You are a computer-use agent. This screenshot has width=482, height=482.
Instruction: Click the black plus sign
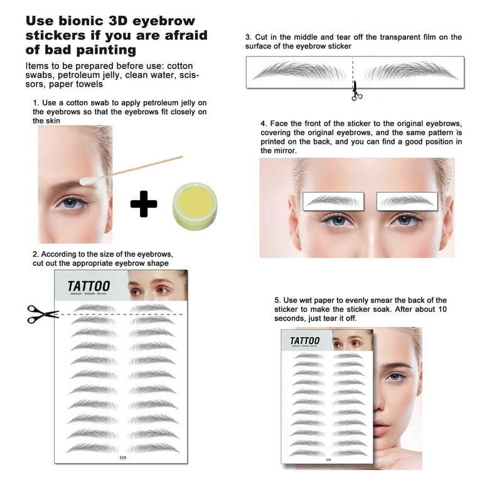click(144, 204)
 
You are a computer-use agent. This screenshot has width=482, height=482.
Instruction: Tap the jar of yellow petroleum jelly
click(195, 206)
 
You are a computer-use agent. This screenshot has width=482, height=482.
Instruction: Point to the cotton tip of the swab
click(86, 180)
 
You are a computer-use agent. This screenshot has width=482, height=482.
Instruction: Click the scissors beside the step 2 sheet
click(41, 314)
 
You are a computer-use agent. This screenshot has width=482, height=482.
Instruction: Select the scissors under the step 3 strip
click(356, 91)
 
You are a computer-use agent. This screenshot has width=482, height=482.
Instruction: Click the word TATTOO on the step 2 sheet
click(88, 286)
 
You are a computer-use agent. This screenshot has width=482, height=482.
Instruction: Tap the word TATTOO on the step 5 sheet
click(304, 341)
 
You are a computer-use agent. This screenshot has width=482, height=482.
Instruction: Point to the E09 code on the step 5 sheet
click(328, 459)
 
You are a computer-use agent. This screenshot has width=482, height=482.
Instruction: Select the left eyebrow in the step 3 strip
click(300, 70)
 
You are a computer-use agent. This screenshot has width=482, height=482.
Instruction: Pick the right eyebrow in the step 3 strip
click(410, 70)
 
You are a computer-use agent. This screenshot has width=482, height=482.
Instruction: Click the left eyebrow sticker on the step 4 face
click(334, 200)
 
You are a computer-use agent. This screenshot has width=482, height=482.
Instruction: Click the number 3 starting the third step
click(247, 38)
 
